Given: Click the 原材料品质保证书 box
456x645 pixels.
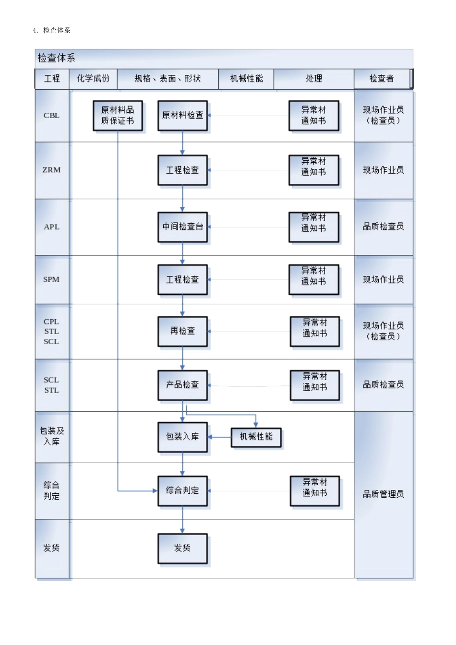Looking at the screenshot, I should (118, 116).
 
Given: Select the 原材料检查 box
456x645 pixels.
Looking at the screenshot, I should (182, 115).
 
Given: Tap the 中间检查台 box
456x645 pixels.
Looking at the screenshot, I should (182, 227).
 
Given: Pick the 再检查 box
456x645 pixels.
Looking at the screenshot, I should (182, 331).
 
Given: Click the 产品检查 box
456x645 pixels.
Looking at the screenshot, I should (182, 384).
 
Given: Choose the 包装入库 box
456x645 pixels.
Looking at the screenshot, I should (182, 437).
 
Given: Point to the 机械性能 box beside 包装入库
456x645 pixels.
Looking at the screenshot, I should (256, 437).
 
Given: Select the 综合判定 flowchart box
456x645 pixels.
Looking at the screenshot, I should (182, 490).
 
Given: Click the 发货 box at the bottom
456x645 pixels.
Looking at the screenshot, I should (182, 548).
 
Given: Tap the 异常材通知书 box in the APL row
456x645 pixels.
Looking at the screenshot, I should (314, 227).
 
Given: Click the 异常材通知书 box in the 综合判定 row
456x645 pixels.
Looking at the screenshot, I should (315, 490).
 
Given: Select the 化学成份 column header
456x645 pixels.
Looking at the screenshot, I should (93, 79).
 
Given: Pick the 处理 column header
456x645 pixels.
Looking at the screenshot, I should (314, 79).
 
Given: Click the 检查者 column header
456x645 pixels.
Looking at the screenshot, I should (382, 79).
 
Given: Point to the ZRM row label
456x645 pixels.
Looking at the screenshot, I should (51, 170).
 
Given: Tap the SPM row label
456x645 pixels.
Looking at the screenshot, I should (51, 279).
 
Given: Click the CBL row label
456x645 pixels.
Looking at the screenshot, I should (51, 115).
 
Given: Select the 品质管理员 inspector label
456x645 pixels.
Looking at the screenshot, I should (383, 494).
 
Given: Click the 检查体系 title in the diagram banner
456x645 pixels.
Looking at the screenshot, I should (56, 58).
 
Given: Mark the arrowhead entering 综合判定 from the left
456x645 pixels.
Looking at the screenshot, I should (155, 490).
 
